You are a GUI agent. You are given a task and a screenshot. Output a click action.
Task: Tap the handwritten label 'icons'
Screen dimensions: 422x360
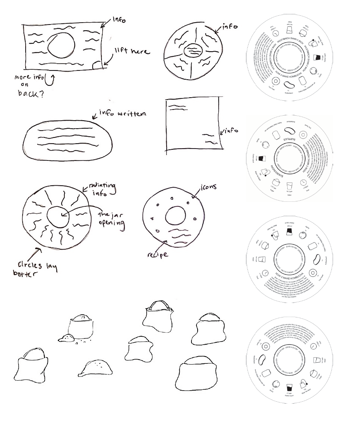tap(208, 188)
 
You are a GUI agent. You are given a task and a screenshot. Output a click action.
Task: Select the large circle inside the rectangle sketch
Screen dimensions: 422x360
tap(61, 48)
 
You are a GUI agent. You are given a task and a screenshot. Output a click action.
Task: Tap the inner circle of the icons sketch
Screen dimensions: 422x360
tap(176, 216)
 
